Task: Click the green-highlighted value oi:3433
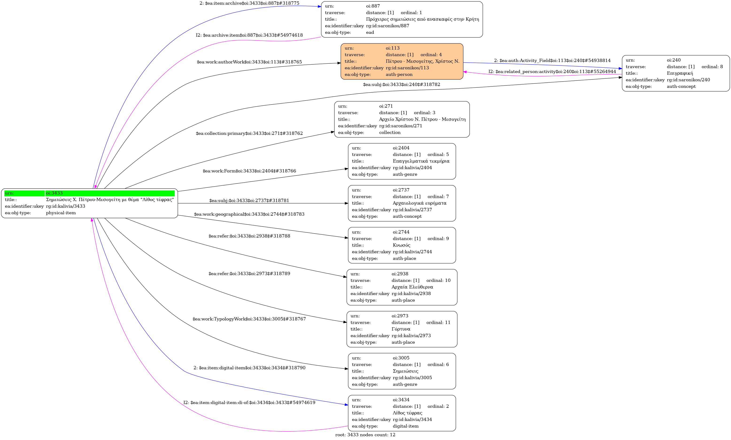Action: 54,193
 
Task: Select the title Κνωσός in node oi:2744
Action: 402,245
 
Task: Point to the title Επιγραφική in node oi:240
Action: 680,73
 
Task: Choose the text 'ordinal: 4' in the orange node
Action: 431,55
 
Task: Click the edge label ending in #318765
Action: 249,62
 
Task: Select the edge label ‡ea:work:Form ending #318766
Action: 249,171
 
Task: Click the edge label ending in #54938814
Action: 552,60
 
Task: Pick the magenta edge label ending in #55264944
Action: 552,72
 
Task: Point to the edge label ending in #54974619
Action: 249,403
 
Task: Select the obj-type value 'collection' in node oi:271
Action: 390,132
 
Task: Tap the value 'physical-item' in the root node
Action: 61,213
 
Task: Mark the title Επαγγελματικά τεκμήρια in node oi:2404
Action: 421,161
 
